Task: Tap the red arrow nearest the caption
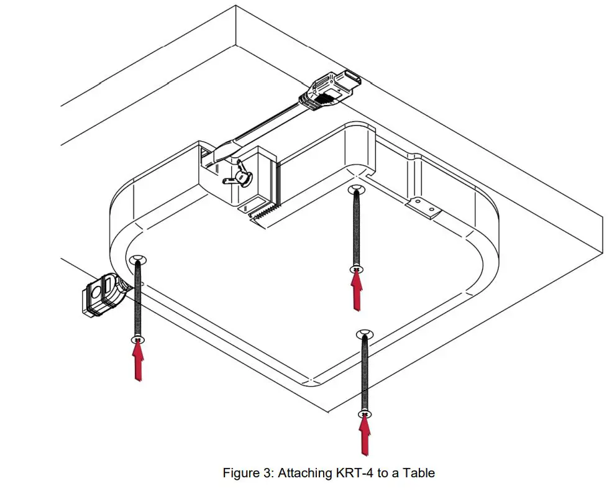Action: click(x=365, y=435)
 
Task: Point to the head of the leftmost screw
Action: click(x=138, y=339)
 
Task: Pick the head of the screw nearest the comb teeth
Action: click(x=356, y=269)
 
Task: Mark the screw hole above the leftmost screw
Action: click(x=137, y=259)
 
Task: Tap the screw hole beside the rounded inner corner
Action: click(x=355, y=188)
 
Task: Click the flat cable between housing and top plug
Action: click(x=267, y=127)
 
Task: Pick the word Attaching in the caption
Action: click(x=304, y=473)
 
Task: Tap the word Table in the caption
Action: click(x=419, y=473)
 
